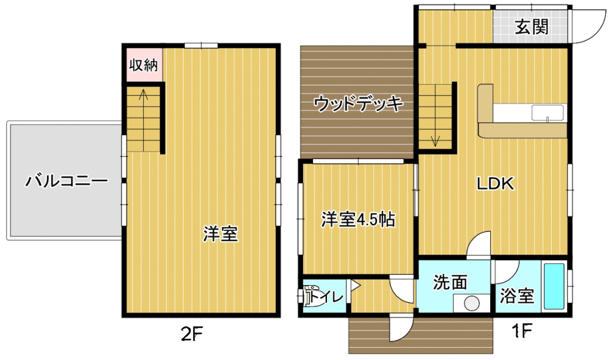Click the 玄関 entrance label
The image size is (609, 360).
coord(531,27)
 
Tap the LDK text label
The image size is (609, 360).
coord(495,184)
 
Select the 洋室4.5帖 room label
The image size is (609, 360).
coord(357,219)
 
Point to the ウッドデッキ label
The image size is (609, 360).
coord(358,104)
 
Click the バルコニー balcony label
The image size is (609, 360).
coord(66,181)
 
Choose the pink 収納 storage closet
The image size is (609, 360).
coord(144,65)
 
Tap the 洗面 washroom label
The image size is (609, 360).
coord(450,282)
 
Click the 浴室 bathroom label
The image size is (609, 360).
coord(517,296)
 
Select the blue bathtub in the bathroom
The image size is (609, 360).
coord(554,286)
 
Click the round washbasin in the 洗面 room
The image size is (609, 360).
coord(472,303)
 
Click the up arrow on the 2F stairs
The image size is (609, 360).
coord(143,100)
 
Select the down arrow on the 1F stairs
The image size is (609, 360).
coord(435,136)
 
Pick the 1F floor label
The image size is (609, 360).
coord(521,331)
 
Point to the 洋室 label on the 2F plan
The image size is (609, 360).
coord(220,234)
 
